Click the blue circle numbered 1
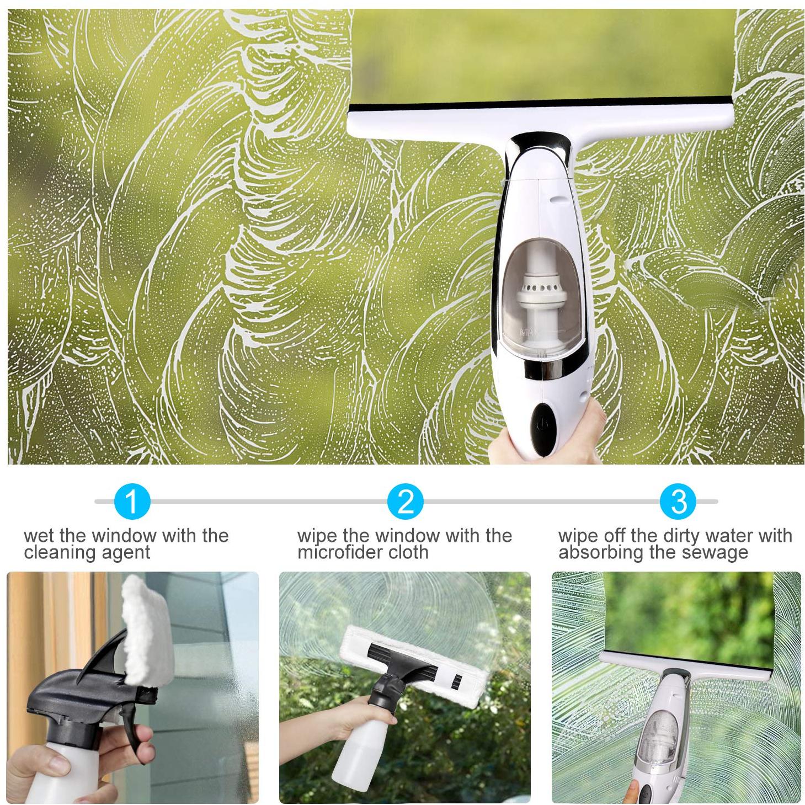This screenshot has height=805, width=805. (131, 501)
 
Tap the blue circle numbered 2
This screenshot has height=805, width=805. (405, 501)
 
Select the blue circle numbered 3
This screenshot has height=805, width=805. (678, 501)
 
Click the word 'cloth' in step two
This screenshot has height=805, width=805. (408, 552)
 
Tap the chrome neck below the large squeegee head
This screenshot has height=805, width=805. (539, 154)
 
